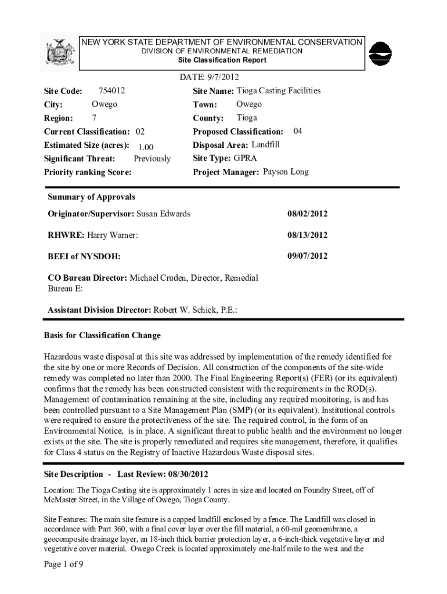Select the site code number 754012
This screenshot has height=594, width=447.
click(112, 90)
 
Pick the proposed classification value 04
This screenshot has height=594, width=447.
click(298, 131)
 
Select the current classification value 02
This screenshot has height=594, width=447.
click(140, 132)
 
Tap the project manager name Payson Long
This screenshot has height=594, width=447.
click(286, 172)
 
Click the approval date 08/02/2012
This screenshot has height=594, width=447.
click(307, 214)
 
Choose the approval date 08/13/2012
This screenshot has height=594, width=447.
click(307, 235)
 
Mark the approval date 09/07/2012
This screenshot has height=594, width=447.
click(307, 256)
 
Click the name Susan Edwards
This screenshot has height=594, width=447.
click(163, 214)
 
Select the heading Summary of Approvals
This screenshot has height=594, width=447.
click(91, 197)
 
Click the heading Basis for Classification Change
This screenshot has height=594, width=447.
click(102, 336)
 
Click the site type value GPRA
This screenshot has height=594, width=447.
click(246, 158)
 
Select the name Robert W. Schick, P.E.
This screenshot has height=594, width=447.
click(194, 310)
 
